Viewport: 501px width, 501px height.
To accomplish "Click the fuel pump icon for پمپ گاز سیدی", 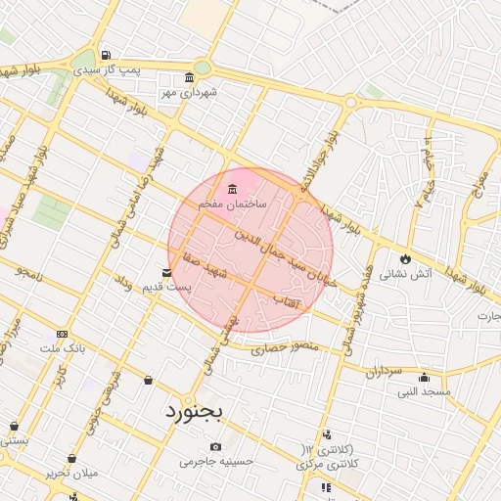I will pos(106,55).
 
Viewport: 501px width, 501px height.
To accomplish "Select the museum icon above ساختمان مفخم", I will pos(232,189).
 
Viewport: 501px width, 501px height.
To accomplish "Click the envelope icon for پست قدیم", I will pos(164,272).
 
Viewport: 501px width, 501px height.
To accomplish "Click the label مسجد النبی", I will pos(424,391).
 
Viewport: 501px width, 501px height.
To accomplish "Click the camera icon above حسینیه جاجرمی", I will pos(214,446).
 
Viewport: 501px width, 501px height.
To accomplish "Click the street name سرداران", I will pos(382,373).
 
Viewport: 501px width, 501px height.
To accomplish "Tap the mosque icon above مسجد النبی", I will pos(424,379).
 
